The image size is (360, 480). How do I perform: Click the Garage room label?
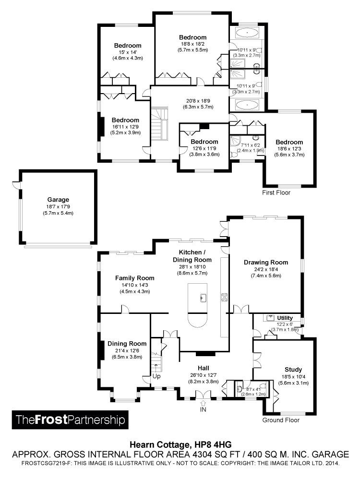click(x=58, y=200)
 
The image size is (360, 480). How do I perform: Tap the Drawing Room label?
click(x=266, y=262)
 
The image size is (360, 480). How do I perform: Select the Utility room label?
click(x=285, y=318)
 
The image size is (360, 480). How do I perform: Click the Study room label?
click(x=293, y=369)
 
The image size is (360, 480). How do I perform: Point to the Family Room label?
click(x=134, y=278)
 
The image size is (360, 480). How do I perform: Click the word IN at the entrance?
click(x=203, y=409)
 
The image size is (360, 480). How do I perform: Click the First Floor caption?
click(x=276, y=192)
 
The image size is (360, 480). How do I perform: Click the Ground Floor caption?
click(x=281, y=420)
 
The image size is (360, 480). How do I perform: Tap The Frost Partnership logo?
click(x=70, y=420)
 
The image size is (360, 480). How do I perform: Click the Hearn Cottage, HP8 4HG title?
click(x=181, y=444)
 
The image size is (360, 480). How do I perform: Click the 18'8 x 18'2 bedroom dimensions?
click(x=192, y=44)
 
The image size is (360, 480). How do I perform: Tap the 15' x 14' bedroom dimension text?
click(x=128, y=52)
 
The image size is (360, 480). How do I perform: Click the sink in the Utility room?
click(x=271, y=317)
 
